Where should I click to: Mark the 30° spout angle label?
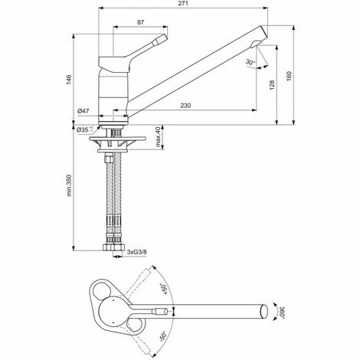click(250, 62)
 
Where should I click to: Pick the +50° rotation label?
click(162, 289)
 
